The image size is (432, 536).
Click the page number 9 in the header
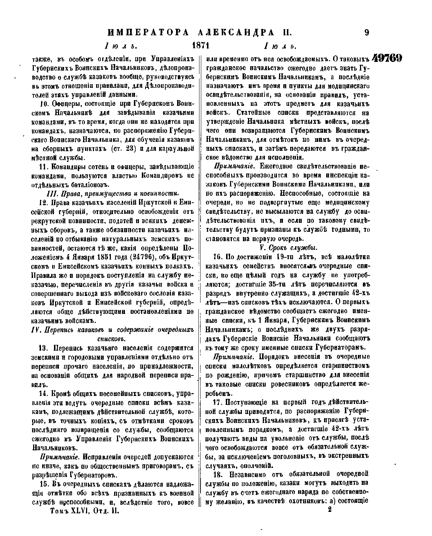tap(366, 33)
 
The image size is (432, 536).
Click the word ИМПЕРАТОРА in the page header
tap(149, 33)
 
